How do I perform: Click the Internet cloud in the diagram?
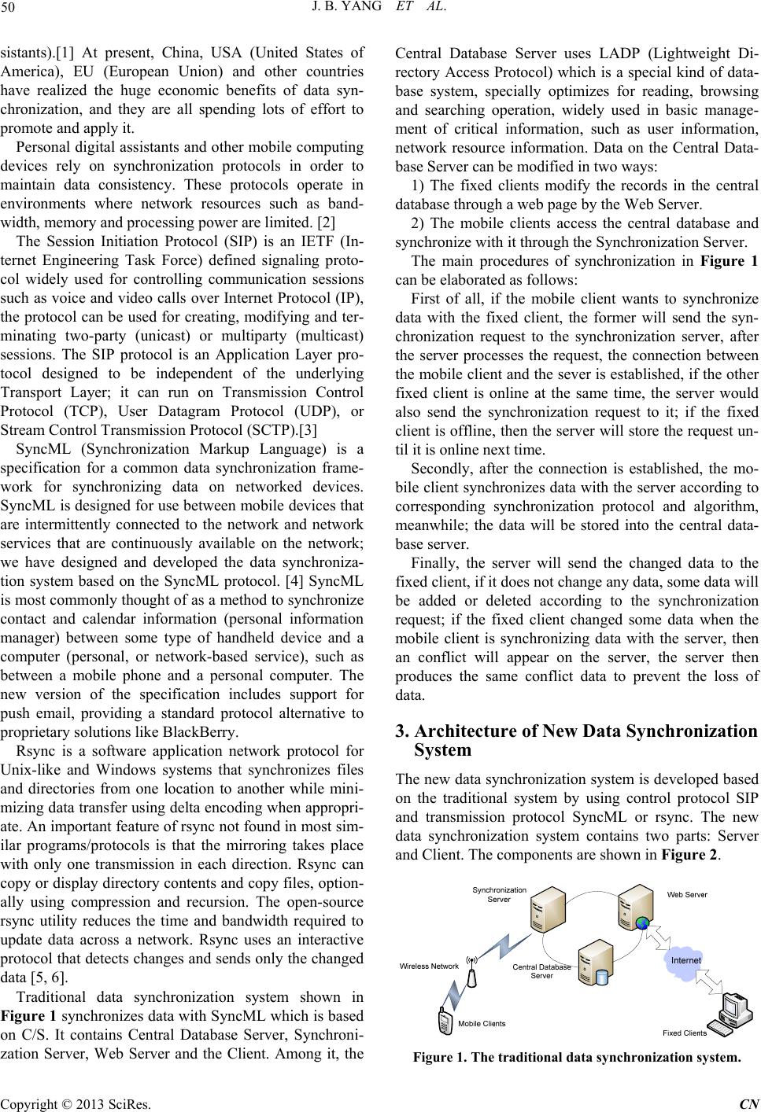[x=685, y=960]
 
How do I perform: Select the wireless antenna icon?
[x=473, y=972]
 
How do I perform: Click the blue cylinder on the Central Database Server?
[x=602, y=977]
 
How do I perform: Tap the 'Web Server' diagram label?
[x=687, y=894]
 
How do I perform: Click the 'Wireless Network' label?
[x=428, y=966]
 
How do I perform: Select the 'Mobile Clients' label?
[x=482, y=1023]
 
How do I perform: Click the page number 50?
[x=13, y=10]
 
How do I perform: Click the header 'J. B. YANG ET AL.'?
[x=380, y=10]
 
